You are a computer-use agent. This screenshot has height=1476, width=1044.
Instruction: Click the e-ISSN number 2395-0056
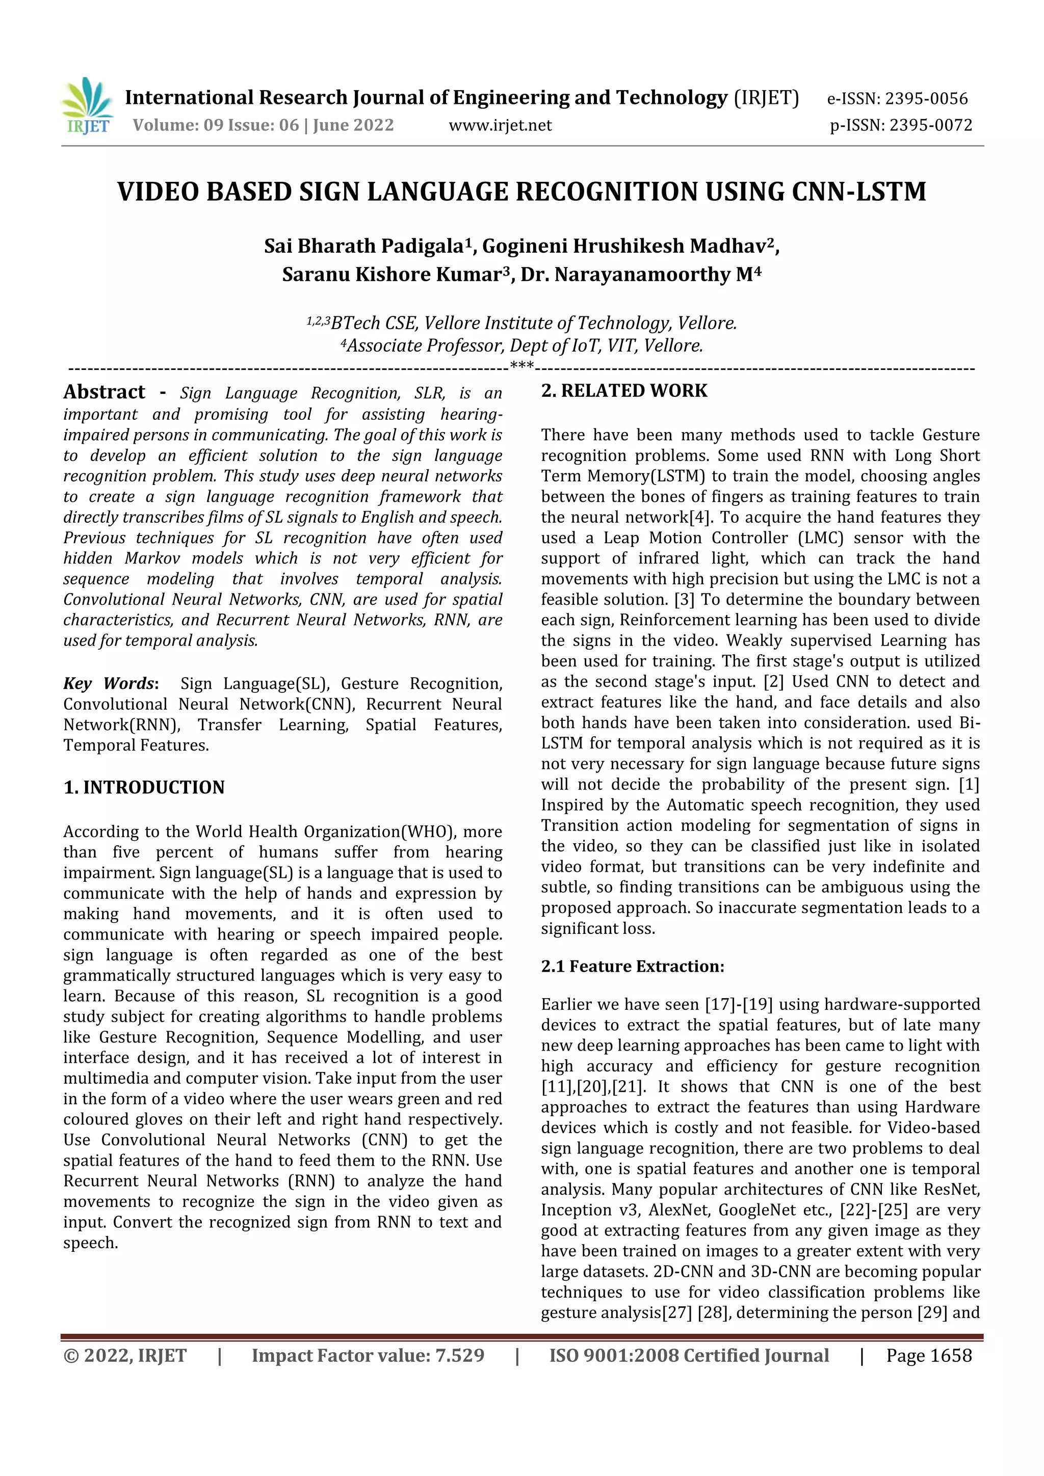(926, 99)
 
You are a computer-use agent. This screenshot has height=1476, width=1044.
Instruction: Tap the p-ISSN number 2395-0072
(930, 125)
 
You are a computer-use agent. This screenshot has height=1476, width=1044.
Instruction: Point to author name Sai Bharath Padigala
(364, 246)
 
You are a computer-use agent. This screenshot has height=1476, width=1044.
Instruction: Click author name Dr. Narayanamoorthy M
(640, 275)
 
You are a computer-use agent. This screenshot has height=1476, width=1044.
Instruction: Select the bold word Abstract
(104, 392)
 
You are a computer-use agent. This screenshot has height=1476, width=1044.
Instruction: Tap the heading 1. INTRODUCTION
(144, 788)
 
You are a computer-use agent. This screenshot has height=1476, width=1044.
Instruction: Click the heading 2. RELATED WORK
(624, 391)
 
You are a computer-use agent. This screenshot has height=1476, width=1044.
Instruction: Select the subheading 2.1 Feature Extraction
(632, 966)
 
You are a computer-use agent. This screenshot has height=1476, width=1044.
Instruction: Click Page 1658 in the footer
(928, 1356)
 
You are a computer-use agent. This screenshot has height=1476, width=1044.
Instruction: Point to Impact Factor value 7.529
(368, 1356)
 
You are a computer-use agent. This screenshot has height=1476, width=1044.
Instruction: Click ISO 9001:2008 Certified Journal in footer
(689, 1356)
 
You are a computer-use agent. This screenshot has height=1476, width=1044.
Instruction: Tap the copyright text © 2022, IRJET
(125, 1356)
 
